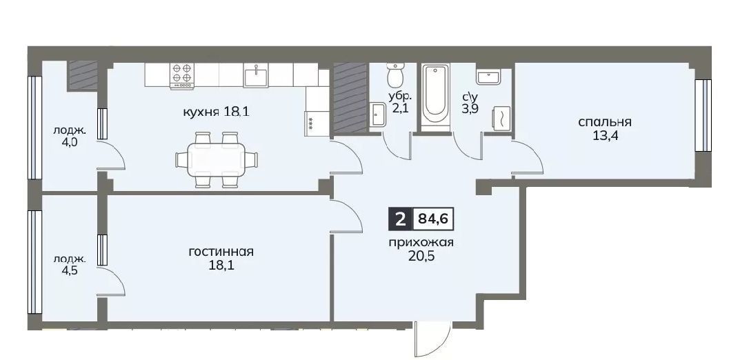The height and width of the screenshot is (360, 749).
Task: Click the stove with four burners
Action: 182,76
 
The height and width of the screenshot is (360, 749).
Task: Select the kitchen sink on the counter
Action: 257,76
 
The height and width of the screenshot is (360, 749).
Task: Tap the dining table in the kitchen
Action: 217,159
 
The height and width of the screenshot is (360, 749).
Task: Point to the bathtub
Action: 435,97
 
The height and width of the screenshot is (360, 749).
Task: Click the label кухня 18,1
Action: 217,112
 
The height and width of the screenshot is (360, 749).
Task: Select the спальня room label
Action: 605,122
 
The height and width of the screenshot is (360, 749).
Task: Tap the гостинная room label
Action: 221,252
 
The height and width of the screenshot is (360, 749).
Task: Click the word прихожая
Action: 420,242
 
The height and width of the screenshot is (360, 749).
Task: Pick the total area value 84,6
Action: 432,219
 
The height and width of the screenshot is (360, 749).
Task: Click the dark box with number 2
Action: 400,219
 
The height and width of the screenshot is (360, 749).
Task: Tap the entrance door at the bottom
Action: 432,341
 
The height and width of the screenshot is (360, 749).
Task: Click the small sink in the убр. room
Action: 377,114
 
